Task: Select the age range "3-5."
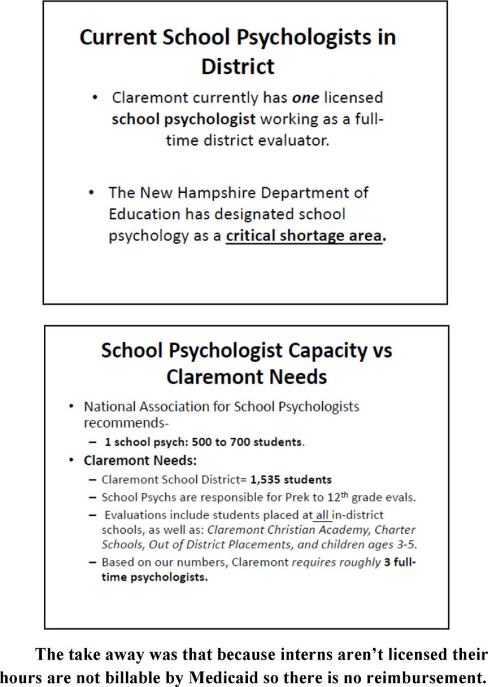coord(404,544)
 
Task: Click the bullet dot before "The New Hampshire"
coord(93,193)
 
